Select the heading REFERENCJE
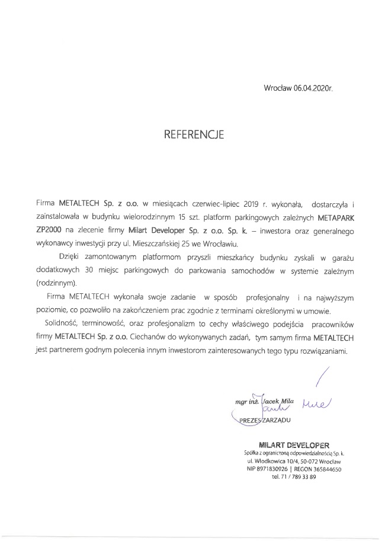(194, 135)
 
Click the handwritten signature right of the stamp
(317, 403)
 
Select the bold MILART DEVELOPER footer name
(293, 444)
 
